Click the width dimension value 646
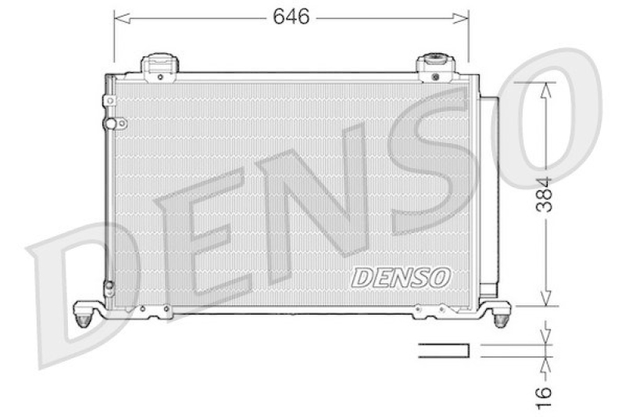[291, 16]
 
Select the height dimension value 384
[546, 195]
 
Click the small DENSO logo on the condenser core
[401, 276]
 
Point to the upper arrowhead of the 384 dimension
[546, 88]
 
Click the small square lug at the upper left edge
[109, 101]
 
